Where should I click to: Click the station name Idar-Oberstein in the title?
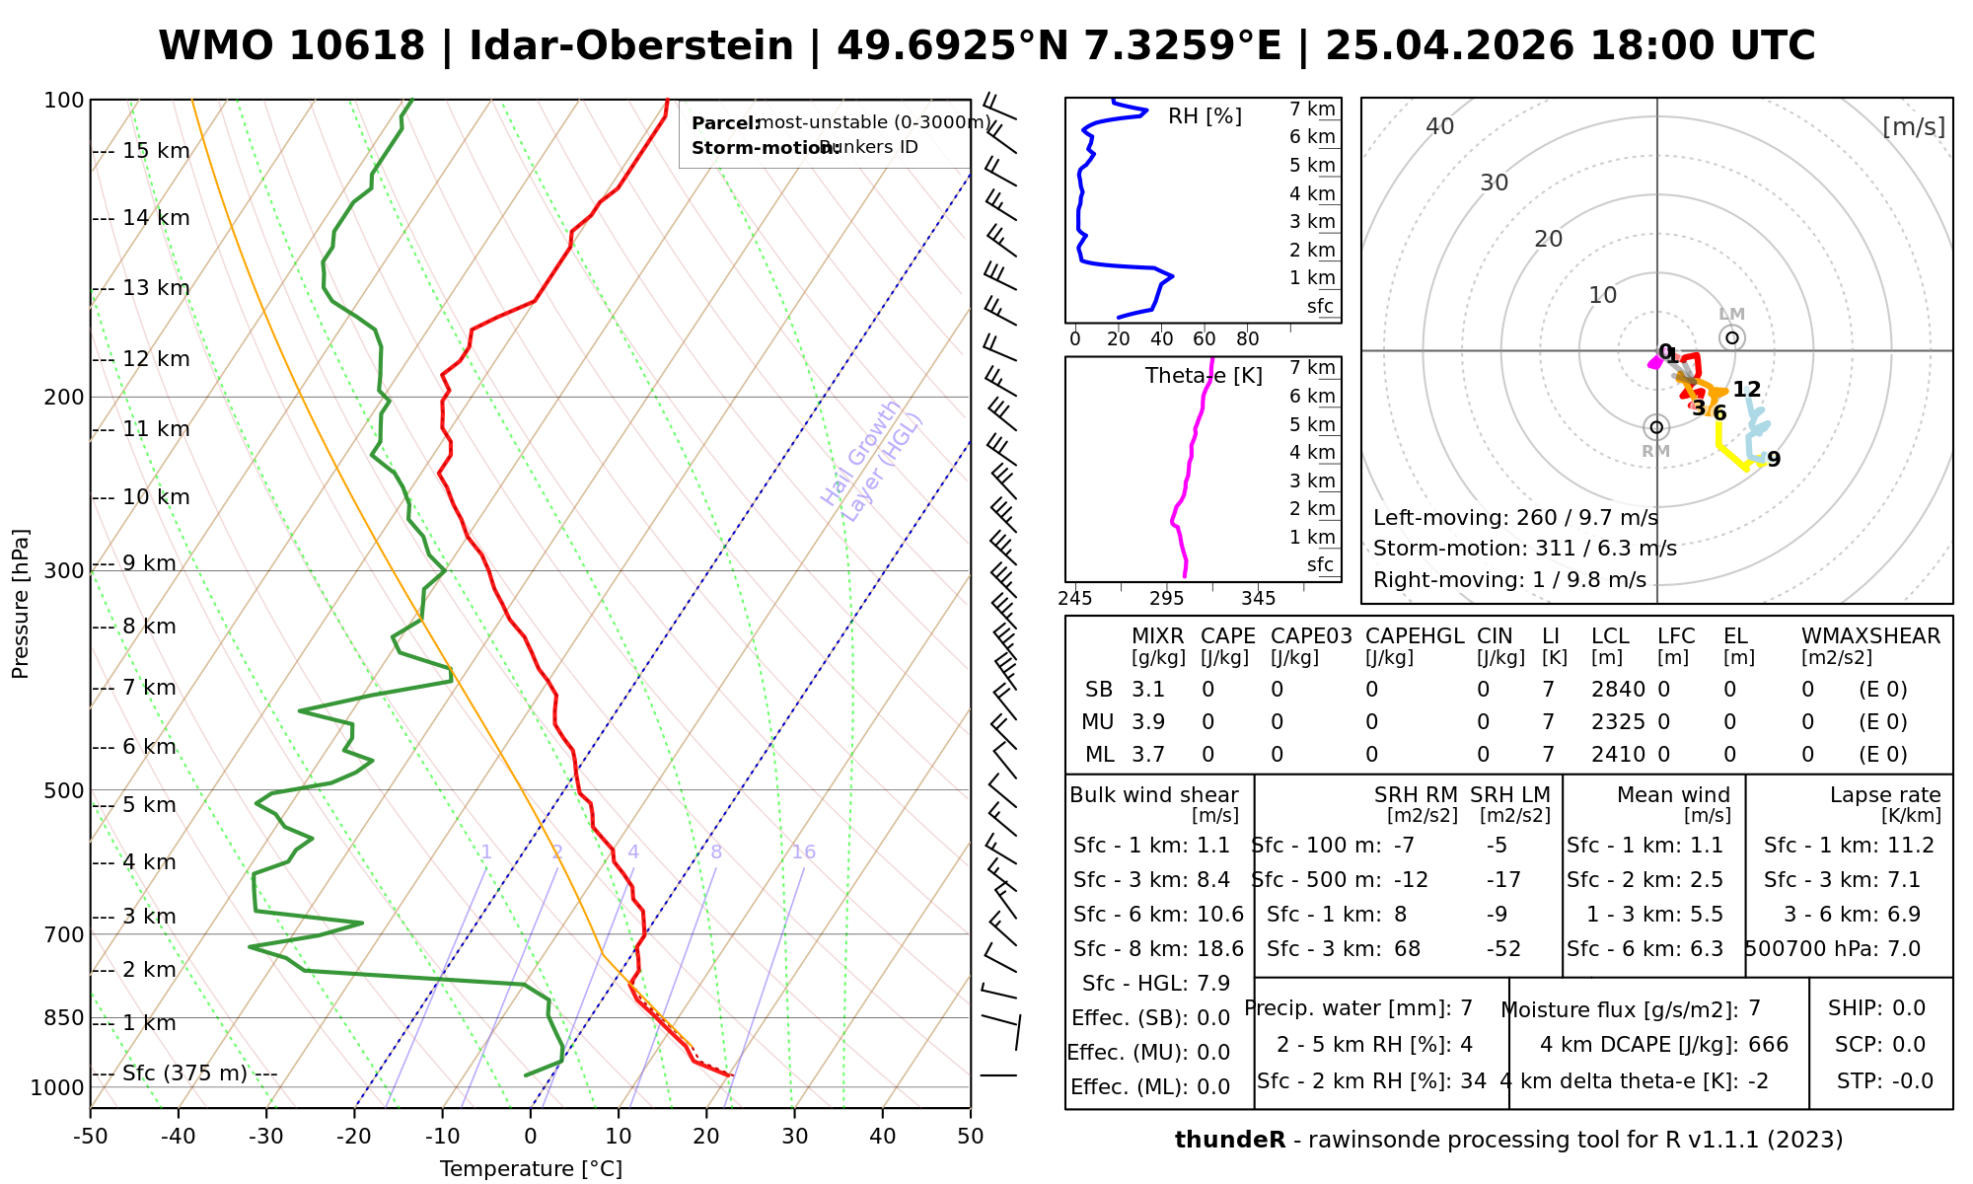pyautogui.click(x=631, y=46)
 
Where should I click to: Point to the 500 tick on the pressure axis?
pyautogui.click(x=65, y=790)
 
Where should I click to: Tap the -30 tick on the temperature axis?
pyautogui.click(x=266, y=1136)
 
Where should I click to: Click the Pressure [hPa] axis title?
pyautogui.click(x=21, y=604)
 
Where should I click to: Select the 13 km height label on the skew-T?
pyautogui.click(x=156, y=288)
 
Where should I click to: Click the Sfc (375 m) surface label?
pyautogui.click(x=184, y=1073)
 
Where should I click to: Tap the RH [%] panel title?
pyautogui.click(x=1205, y=116)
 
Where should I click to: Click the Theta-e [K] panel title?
pyautogui.click(x=1204, y=376)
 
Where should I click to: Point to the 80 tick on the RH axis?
pyautogui.click(x=1247, y=339)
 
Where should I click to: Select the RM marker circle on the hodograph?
pyautogui.click(x=1656, y=427)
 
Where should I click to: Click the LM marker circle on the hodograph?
pyautogui.click(x=1732, y=337)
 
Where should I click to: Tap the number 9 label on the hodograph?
pyautogui.click(x=1774, y=460)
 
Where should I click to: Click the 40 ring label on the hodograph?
pyautogui.click(x=1440, y=126)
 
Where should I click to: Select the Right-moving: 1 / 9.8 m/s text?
pyautogui.click(x=1509, y=580)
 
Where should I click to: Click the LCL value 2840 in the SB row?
pyautogui.click(x=1618, y=690)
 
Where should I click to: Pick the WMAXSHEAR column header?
pyautogui.click(x=1870, y=636)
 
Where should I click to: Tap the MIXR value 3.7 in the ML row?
pyautogui.click(x=1148, y=755)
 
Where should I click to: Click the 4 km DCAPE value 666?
pyautogui.click(x=1768, y=1045)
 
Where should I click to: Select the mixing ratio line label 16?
pyautogui.click(x=803, y=852)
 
